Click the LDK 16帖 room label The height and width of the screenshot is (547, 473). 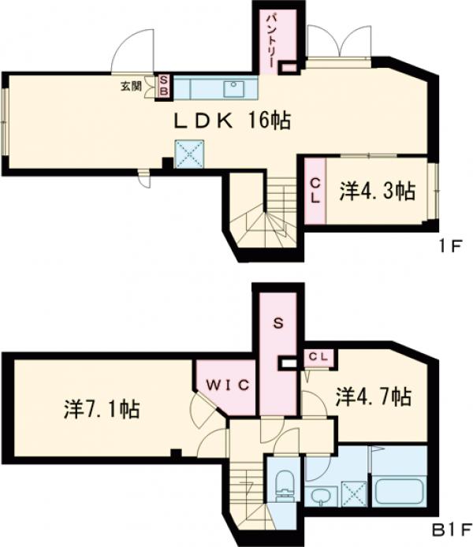(232, 121)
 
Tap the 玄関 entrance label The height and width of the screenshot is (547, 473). (131, 86)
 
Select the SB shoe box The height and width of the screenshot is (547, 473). (164, 87)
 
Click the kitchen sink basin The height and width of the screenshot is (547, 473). (234, 89)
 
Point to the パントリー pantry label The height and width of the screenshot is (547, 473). (271, 41)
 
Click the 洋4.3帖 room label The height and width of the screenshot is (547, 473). (378, 192)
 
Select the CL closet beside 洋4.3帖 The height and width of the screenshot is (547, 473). (315, 191)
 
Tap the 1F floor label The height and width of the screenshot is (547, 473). (450, 247)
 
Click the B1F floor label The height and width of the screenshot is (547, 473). (452, 531)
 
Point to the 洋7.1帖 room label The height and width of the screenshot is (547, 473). (102, 409)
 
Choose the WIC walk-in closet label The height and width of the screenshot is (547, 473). (228, 385)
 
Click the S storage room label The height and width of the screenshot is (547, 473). (278, 323)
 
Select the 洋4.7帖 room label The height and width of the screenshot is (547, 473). (373, 396)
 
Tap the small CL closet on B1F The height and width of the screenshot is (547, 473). (318, 357)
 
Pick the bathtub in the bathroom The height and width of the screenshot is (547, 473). (400, 492)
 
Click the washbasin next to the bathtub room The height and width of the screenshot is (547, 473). (319, 496)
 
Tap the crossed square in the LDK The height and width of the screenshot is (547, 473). (189, 154)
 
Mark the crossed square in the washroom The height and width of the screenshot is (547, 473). (354, 494)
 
